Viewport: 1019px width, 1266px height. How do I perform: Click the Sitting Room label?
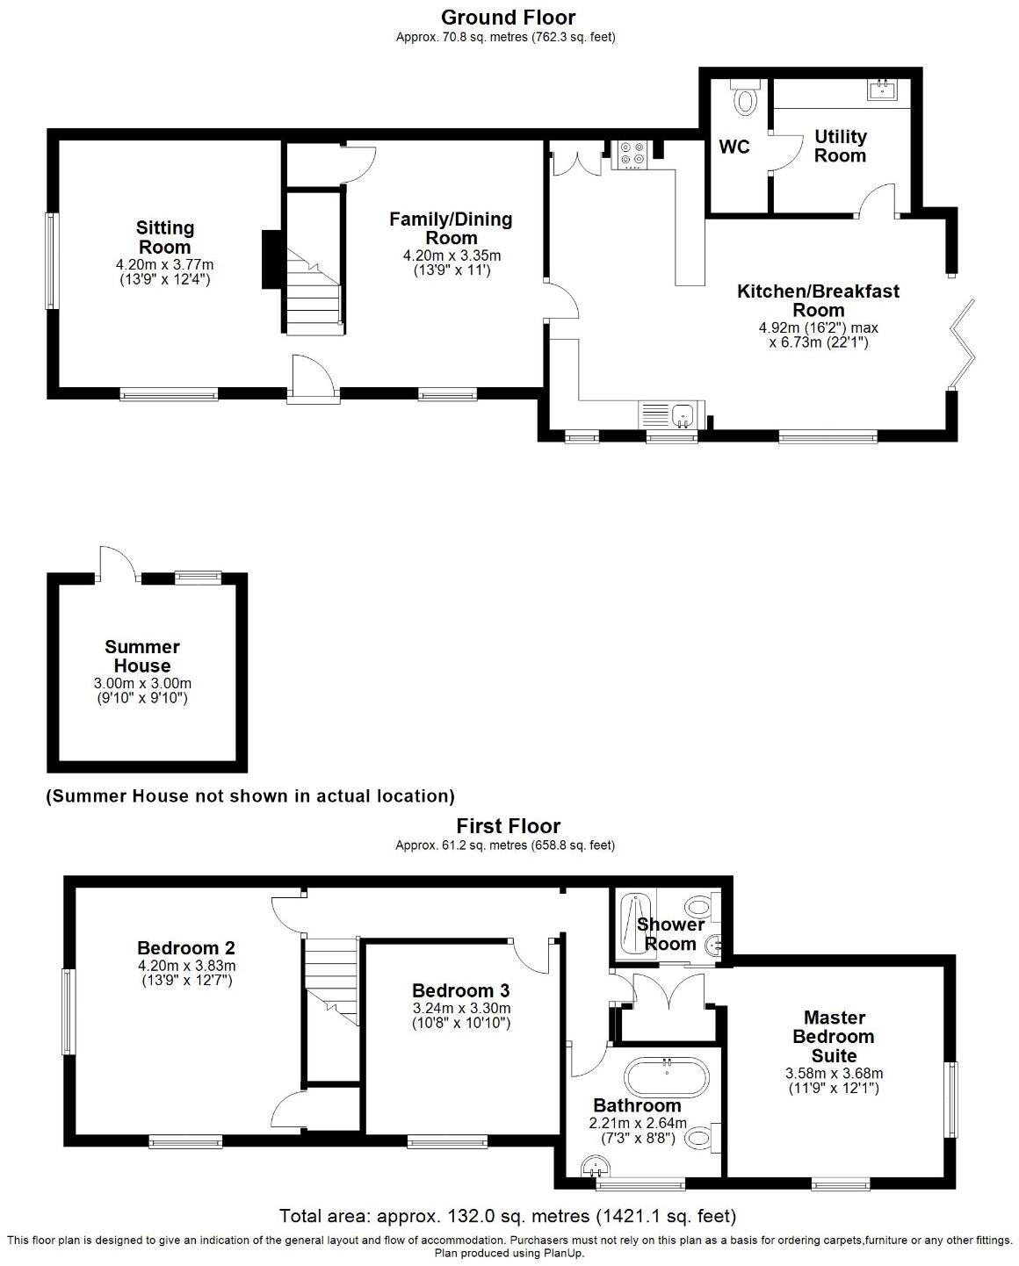click(x=164, y=237)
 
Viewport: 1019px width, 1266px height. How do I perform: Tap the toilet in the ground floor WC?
click(x=746, y=98)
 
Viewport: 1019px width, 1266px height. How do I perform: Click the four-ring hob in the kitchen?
click(x=632, y=155)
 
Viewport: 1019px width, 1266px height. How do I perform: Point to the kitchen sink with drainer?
click(x=670, y=414)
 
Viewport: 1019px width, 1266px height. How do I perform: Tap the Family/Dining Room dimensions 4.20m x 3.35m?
click(x=452, y=256)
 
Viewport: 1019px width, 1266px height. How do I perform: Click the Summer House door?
click(x=116, y=564)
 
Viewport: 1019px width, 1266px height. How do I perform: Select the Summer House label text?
click(x=141, y=656)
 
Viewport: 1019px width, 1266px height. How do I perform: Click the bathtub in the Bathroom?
click(x=667, y=1078)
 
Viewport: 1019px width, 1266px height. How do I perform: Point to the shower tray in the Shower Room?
click(x=632, y=921)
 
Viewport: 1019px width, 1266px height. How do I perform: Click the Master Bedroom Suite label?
click(x=834, y=1036)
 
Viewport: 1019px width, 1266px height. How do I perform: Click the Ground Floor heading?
click(x=508, y=17)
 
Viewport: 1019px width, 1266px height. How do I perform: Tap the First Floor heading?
click(x=508, y=826)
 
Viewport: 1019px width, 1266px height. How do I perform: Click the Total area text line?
click(x=508, y=1216)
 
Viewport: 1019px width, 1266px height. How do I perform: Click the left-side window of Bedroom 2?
click(x=67, y=1011)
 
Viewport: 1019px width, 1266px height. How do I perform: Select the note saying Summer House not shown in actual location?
click(x=250, y=796)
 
